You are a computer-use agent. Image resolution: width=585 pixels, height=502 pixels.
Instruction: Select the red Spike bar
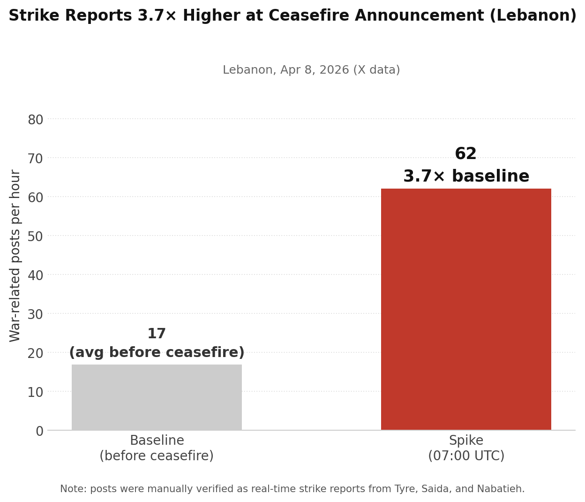(x=466, y=309)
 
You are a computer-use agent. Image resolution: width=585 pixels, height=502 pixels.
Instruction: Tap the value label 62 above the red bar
(x=465, y=154)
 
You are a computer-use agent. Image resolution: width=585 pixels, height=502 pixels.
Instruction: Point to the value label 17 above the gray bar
(x=157, y=334)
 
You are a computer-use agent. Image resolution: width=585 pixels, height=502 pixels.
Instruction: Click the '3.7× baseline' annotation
(x=466, y=176)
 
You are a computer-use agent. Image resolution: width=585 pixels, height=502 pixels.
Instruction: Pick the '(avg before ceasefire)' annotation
(x=157, y=353)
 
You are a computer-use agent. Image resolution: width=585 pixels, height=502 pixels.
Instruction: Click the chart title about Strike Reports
(x=292, y=16)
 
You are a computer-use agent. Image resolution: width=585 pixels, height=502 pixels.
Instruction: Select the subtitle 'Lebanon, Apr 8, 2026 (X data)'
(x=311, y=70)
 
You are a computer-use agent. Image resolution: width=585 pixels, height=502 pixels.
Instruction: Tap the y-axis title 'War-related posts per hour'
(x=15, y=256)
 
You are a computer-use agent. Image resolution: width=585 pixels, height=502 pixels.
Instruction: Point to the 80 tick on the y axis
(x=35, y=120)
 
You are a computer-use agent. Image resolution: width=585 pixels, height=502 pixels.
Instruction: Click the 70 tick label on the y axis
(x=35, y=159)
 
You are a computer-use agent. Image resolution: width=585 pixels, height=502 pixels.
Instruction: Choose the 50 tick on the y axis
(x=35, y=236)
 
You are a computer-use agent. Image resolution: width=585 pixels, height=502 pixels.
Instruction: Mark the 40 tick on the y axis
(x=35, y=275)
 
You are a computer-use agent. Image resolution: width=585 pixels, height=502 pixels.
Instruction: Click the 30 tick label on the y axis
(x=35, y=314)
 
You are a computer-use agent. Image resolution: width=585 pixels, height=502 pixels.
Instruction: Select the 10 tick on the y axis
(x=35, y=392)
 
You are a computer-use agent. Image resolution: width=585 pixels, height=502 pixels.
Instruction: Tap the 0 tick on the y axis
(x=39, y=431)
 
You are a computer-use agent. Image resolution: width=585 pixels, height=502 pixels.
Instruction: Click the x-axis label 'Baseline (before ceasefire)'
(x=157, y=448)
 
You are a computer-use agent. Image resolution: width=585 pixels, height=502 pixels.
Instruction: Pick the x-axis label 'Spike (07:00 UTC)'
(x=466, y=448)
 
